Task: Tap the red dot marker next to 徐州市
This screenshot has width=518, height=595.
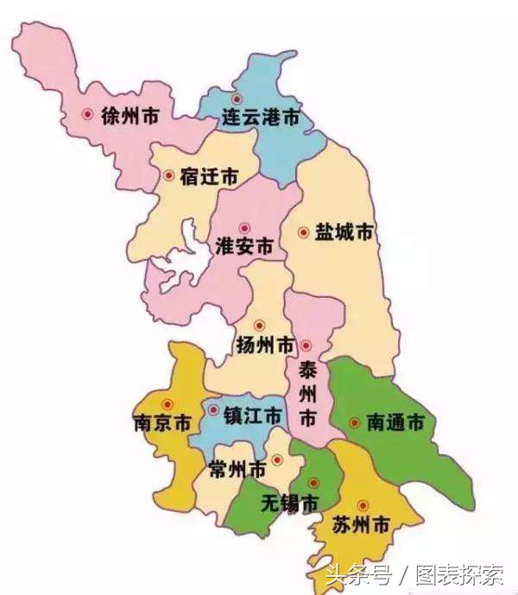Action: [x=86, y=114]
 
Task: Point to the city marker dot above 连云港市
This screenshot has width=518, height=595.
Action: [x=237, y=99]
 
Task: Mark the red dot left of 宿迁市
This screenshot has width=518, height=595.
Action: [x=168, y=175]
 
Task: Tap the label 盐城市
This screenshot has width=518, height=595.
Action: [x=344, y=233]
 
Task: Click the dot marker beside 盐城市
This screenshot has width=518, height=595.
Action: [x=303, y=232]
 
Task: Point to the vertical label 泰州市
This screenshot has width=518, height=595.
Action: [x=306, y=394]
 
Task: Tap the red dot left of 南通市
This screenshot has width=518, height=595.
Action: [x=355, y=422]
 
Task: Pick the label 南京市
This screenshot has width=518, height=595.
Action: [x=161, y=424]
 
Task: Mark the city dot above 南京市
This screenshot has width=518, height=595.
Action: [x=168, y=404]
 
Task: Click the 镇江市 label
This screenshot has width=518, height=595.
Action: [x=252, y=415]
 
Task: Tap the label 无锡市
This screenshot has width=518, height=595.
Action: [x=289, y=503]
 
